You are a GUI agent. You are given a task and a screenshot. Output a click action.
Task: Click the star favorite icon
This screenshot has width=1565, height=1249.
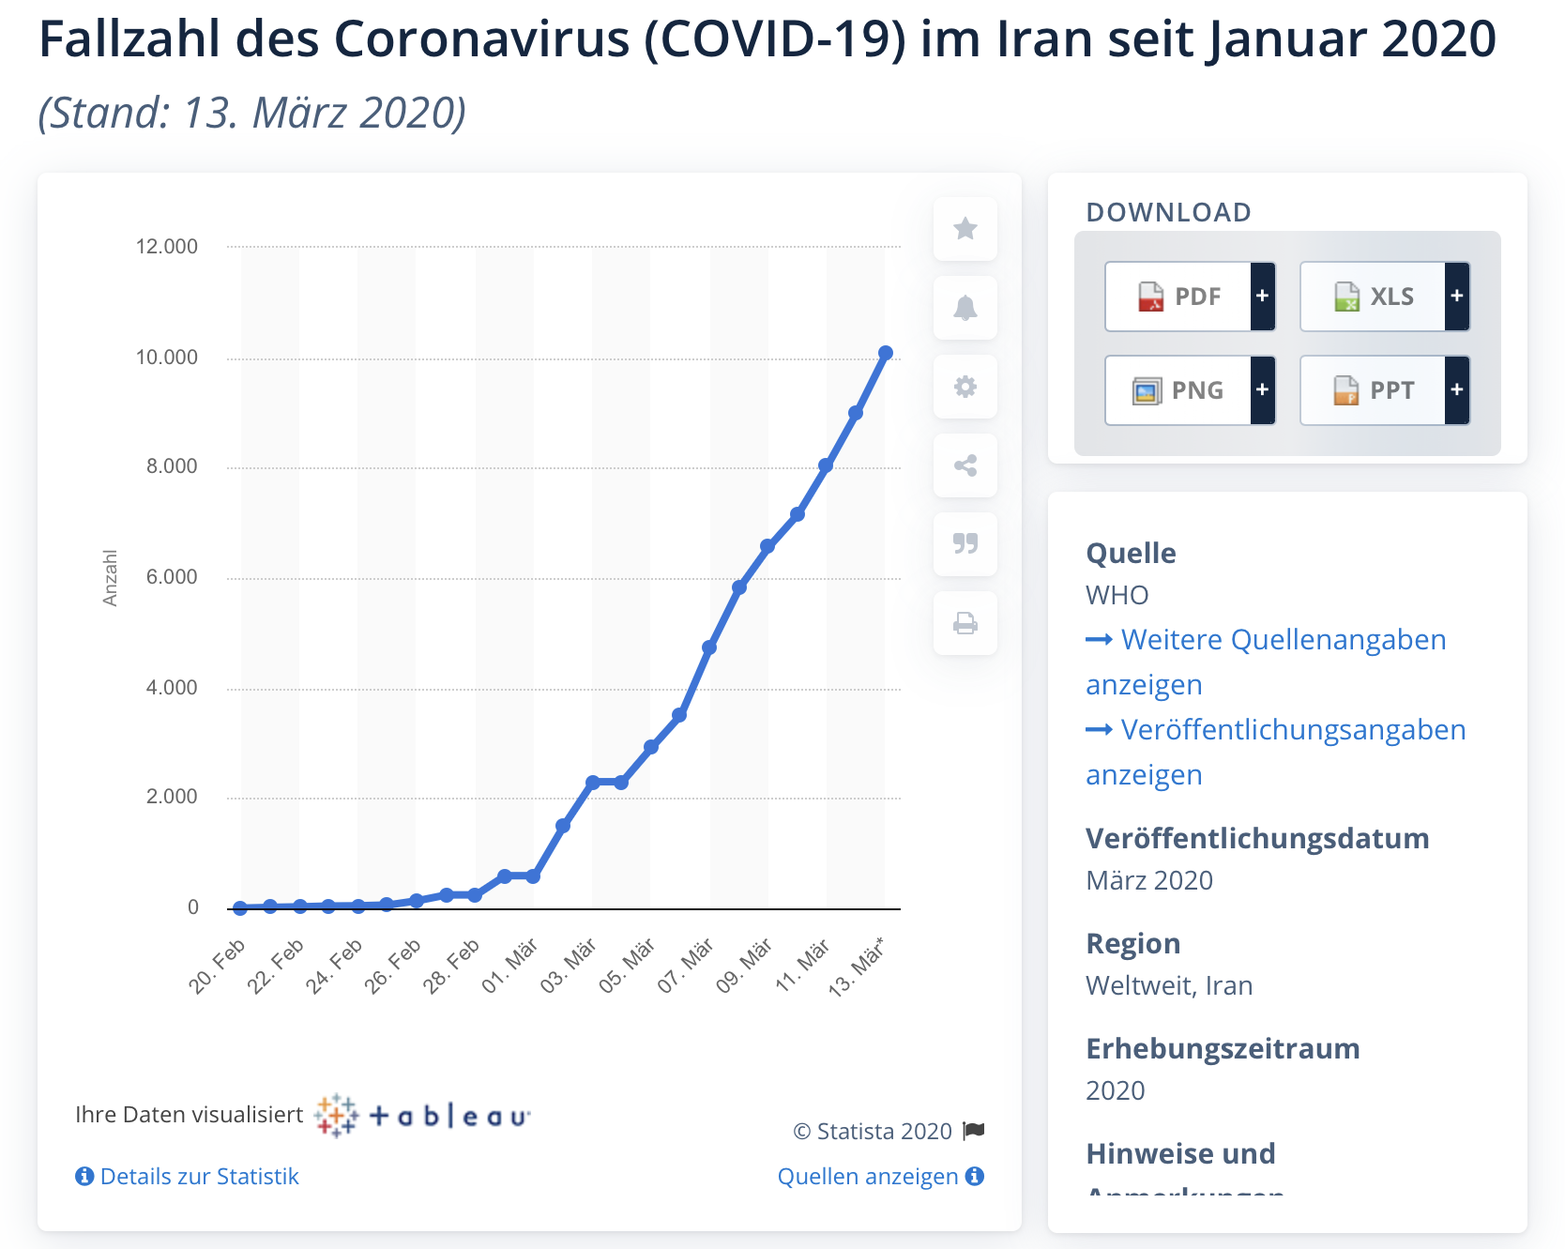pyautogui.click(x=965, y=229)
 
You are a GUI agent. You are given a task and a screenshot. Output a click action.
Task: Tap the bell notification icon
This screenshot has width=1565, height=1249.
pyautogui.click(x=965, y=308)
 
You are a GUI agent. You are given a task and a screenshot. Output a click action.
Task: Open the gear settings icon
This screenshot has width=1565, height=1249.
pyautogui.click(x=965, y=387)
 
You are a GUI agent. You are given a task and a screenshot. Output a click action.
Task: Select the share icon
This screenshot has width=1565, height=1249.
pyautogui.click(x=965, y=465)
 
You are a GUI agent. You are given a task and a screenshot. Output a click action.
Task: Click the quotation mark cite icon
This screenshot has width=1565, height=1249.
pyautogui.click(x=965, y=544)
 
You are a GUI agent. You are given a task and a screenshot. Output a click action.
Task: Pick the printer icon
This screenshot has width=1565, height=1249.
pyautogui.click(x=965, y=623)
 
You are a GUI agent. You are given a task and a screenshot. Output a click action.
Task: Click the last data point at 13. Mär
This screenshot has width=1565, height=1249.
pyautogui.click(x=886, y=353)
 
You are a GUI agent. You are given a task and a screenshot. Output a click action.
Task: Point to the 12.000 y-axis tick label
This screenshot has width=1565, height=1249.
pyautogui.click(x=167, y=247)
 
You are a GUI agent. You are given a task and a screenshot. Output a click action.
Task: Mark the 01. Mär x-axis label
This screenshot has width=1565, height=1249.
pyautogui.click(x=510, y=966)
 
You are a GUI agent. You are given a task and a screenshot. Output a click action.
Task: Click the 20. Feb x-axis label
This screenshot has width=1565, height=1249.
pyautogui.click(x=218, y=966)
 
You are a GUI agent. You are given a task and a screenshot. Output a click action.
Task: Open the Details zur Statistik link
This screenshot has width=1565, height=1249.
pyautogui.click(x=188, y=1177)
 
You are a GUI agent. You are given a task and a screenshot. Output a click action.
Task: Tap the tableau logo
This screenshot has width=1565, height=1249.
pyautogui.click(x=423, y=1116)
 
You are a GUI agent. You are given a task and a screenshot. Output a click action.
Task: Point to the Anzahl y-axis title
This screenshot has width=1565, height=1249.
pyautogui.click(x=111, y=578)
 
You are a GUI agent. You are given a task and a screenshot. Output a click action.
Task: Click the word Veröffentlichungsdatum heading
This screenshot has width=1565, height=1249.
pyautogui.click(x=1257, y=839)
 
